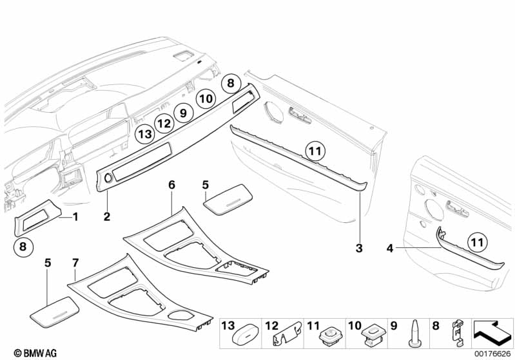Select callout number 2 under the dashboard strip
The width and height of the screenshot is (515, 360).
pos(107,216)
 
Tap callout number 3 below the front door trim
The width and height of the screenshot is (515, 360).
pos(359,247)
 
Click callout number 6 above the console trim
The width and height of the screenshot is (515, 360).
pos(171,185)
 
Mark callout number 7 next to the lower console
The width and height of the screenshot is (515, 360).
pos(75,263)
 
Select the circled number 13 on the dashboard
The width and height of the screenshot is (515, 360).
pos(145,135)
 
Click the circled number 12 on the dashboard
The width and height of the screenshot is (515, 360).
pos(164,123)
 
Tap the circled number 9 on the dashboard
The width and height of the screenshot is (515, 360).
pos(184,113)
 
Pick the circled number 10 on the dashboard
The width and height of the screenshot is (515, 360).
pos(206,99)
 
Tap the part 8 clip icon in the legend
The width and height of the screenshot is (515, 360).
pos(456,336)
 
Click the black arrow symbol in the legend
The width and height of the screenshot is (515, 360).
pos(492,335)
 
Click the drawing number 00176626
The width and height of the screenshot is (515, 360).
pos(494,353)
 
